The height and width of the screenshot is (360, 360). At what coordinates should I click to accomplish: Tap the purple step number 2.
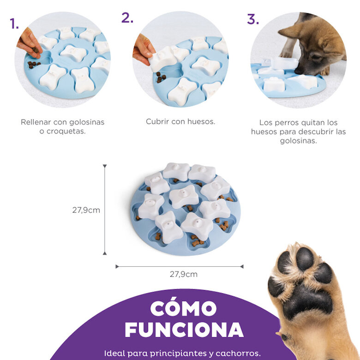click(127, 18)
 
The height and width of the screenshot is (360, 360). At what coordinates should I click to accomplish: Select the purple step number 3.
click(252, 19)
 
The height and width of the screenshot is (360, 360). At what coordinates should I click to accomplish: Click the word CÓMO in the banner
click(183, 308)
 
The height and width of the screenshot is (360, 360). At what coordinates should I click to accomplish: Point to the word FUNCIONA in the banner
click(184, 330)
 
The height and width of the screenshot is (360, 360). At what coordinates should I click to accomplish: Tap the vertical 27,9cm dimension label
click(86, 210)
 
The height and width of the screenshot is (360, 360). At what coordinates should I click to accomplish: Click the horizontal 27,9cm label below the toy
click(183, 274)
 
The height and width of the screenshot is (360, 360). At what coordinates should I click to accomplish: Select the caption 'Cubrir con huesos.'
click(180, 122)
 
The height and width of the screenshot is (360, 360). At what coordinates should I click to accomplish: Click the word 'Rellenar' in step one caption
click(36, 122)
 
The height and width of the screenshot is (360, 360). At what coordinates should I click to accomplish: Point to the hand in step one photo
click(29, 42)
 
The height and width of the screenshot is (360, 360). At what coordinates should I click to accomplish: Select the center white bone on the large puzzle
click(184, 197)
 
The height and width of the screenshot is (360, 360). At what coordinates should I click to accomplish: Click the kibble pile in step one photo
click(34, 64)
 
